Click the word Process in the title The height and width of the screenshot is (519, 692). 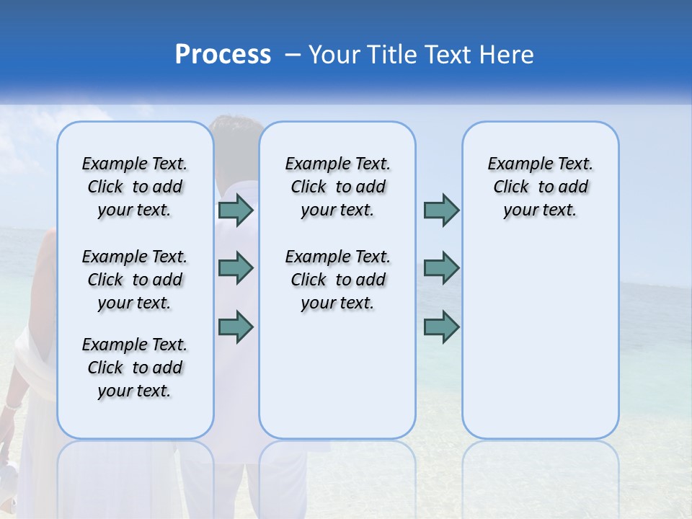(223, 55)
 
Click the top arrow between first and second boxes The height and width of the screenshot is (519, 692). (236, 210)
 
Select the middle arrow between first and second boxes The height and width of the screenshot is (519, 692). (236, 268)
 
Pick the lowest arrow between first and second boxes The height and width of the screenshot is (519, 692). (236, 327)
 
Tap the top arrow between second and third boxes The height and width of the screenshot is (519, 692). (441, 210)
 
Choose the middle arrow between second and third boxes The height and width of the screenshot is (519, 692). (441, 268)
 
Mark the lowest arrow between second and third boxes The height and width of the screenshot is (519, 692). (441, 327)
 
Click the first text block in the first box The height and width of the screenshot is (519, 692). (135, 187)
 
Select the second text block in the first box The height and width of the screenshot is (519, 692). (135, 280)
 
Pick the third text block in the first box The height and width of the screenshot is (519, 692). (135, 368)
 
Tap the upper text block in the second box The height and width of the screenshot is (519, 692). (337, 187)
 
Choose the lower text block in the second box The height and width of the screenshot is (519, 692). (337, 280)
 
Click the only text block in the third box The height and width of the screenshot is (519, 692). (541, 187)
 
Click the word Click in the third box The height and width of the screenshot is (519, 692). (511, 187)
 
